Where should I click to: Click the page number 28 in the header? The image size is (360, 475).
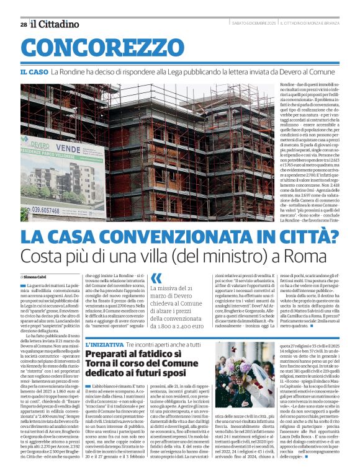(24, 24)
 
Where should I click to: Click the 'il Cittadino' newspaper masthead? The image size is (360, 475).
(56, 24)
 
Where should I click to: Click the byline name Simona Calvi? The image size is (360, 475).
(35, 276)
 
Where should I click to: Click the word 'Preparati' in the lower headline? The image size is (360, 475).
(109, 353)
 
